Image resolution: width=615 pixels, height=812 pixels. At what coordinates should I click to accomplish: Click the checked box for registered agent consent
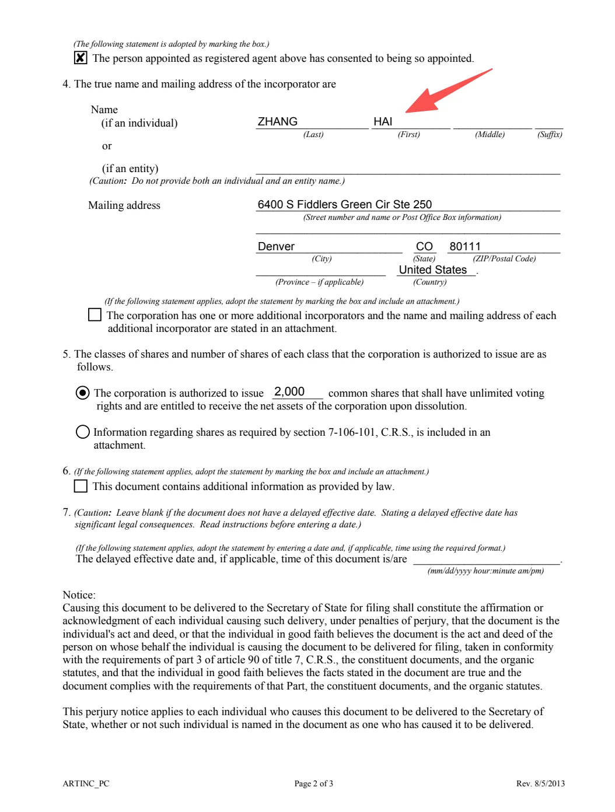click(81, 58)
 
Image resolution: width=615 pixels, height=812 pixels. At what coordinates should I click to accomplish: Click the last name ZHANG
click(278, 121)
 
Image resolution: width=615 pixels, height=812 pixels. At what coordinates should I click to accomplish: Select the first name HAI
click(383, 121)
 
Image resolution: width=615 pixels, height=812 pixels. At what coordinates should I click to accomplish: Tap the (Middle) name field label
click(490, 135)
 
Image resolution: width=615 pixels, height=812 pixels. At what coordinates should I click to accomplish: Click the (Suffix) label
click(550, 135)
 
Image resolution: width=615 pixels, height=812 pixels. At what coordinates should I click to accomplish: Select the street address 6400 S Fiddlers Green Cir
click(344, 204)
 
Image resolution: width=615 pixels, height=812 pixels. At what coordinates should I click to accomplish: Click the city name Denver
click(276, 246)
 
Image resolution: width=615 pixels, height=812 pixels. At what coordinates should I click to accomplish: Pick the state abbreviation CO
click(424, 246)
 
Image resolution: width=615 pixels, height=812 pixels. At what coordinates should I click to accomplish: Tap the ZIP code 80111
click(465, 246)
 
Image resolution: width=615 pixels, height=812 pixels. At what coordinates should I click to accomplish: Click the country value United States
click(433, 269)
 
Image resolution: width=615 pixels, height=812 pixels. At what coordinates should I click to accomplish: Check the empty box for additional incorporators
click(95, 315)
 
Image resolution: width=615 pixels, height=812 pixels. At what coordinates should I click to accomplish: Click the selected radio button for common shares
click(83, 393)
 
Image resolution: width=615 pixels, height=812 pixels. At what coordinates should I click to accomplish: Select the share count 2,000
click(289, 391)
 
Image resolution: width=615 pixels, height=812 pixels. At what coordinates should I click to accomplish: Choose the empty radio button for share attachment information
click(83, 432)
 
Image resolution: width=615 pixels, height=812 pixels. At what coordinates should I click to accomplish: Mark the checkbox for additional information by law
click(81, 486)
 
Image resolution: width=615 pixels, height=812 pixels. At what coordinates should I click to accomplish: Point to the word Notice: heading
click(79, 595)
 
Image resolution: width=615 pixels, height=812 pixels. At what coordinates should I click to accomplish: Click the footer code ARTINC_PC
click(86, 783)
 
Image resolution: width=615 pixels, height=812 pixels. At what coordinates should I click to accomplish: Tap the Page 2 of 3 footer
click(313, 783)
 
